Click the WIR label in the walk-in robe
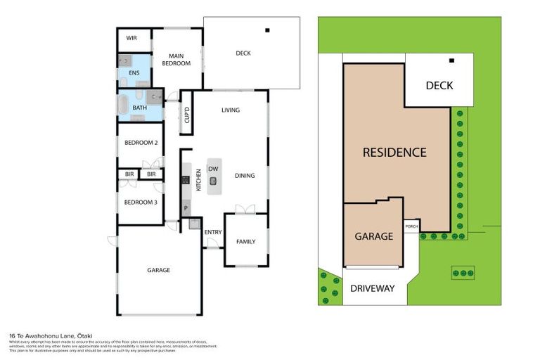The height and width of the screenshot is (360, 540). [x=131, y=38]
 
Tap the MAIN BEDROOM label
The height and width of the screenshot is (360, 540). [x=176, y=59]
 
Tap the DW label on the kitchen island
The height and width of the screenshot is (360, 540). [x=213, y=170]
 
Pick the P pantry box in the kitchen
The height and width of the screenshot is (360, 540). [x=186, y=208]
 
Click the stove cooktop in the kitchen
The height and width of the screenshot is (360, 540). [x=186, y=179]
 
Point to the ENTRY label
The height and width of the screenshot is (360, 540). [x=212, y=233]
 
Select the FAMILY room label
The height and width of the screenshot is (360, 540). [x=245, y=242]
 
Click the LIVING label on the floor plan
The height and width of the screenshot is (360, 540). [x=231, y=110]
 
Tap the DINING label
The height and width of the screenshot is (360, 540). [x=244, y=176]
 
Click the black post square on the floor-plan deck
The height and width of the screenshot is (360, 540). [x=267, y=30]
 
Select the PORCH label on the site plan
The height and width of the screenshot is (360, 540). [x=412, y=226]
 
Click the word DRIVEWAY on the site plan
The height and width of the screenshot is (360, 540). [x=373, y=288]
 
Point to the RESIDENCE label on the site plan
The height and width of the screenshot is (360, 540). [x=394, y=152]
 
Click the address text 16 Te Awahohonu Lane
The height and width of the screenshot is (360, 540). [x=51, y=337]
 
